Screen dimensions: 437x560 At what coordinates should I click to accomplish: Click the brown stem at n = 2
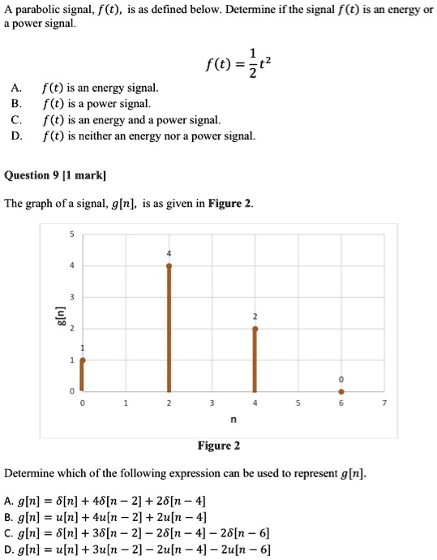[x=169, y=328]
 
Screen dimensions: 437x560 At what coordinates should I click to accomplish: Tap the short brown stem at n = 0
[x=82, y=375]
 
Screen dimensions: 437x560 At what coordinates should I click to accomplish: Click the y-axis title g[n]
[x=58, y=312]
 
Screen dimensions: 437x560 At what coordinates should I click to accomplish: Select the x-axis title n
[x=233, y=420]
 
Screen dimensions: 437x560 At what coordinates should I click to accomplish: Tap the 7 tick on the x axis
[x=384, y=403]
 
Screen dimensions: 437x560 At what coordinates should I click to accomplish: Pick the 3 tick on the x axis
[x=212, y=403]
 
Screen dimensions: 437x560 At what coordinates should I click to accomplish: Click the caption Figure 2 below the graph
[x=219, y=446]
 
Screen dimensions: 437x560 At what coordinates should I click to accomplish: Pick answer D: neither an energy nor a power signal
[x=149, y=136]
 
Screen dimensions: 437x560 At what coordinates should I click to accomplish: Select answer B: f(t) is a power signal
[x=96, y=103]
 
